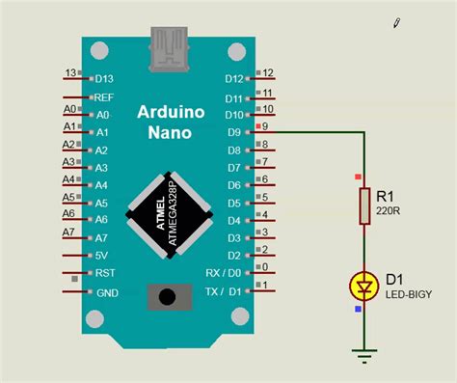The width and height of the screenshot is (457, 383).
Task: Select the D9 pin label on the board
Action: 233,132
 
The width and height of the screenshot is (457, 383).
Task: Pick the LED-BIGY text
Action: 409,294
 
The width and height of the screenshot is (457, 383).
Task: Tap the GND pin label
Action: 107,291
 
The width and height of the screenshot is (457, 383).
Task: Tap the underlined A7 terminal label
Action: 68,233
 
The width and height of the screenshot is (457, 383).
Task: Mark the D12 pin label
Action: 233,79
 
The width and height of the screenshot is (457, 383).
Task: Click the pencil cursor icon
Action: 397,21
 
